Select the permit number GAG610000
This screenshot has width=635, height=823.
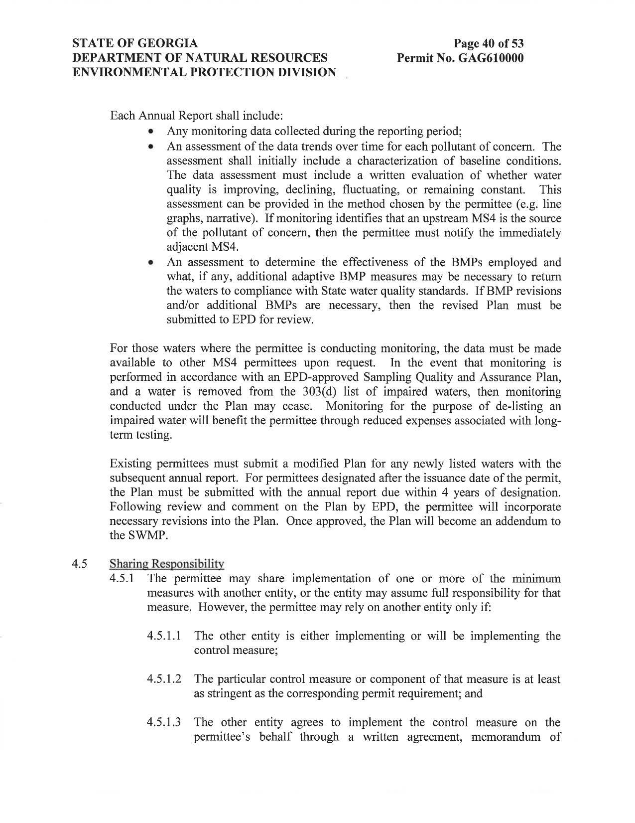pos(491,58)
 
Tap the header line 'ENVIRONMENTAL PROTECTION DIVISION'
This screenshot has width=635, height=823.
pos(204,72)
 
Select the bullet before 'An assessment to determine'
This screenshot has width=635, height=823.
pos(150,262)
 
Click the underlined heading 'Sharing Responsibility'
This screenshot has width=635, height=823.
pos(166,564)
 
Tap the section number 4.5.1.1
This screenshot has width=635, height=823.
pos(164,636)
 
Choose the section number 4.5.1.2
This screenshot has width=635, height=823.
pos(164,679)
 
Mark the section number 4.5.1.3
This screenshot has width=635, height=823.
pos(164,723)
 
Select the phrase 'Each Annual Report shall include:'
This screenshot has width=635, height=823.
pos(196,116)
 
